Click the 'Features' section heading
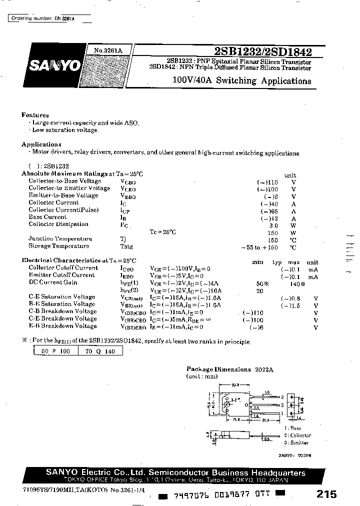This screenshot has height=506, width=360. click(35, 115)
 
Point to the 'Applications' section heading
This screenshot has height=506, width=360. click(41, 144)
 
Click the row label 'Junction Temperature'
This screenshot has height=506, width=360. click(60, 239)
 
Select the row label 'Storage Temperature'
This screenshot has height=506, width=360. click(59, 246)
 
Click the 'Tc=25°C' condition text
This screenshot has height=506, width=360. click(163, 232)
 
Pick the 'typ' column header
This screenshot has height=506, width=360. click(277, 262)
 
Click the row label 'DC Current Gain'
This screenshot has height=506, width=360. click(53, 282)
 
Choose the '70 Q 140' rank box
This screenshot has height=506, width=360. click(100, 351)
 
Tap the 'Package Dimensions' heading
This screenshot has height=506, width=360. click(218, 369)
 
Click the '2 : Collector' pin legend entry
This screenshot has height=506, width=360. click(297, 435)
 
